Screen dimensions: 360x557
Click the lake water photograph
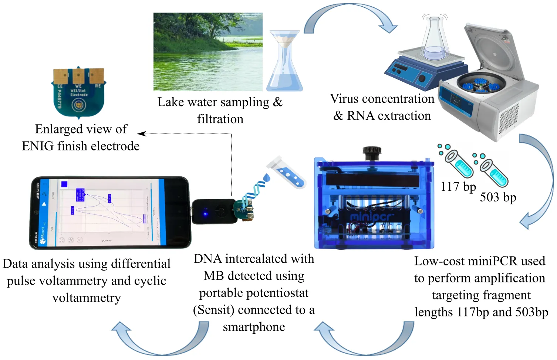point(208,52)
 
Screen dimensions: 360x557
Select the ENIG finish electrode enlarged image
point(78,92)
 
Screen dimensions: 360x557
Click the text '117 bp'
point(458,187)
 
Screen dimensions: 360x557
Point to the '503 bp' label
point(498,197)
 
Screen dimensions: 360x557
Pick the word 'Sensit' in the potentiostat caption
point(214,310)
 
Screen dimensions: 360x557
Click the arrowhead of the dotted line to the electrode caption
point(141,133)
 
